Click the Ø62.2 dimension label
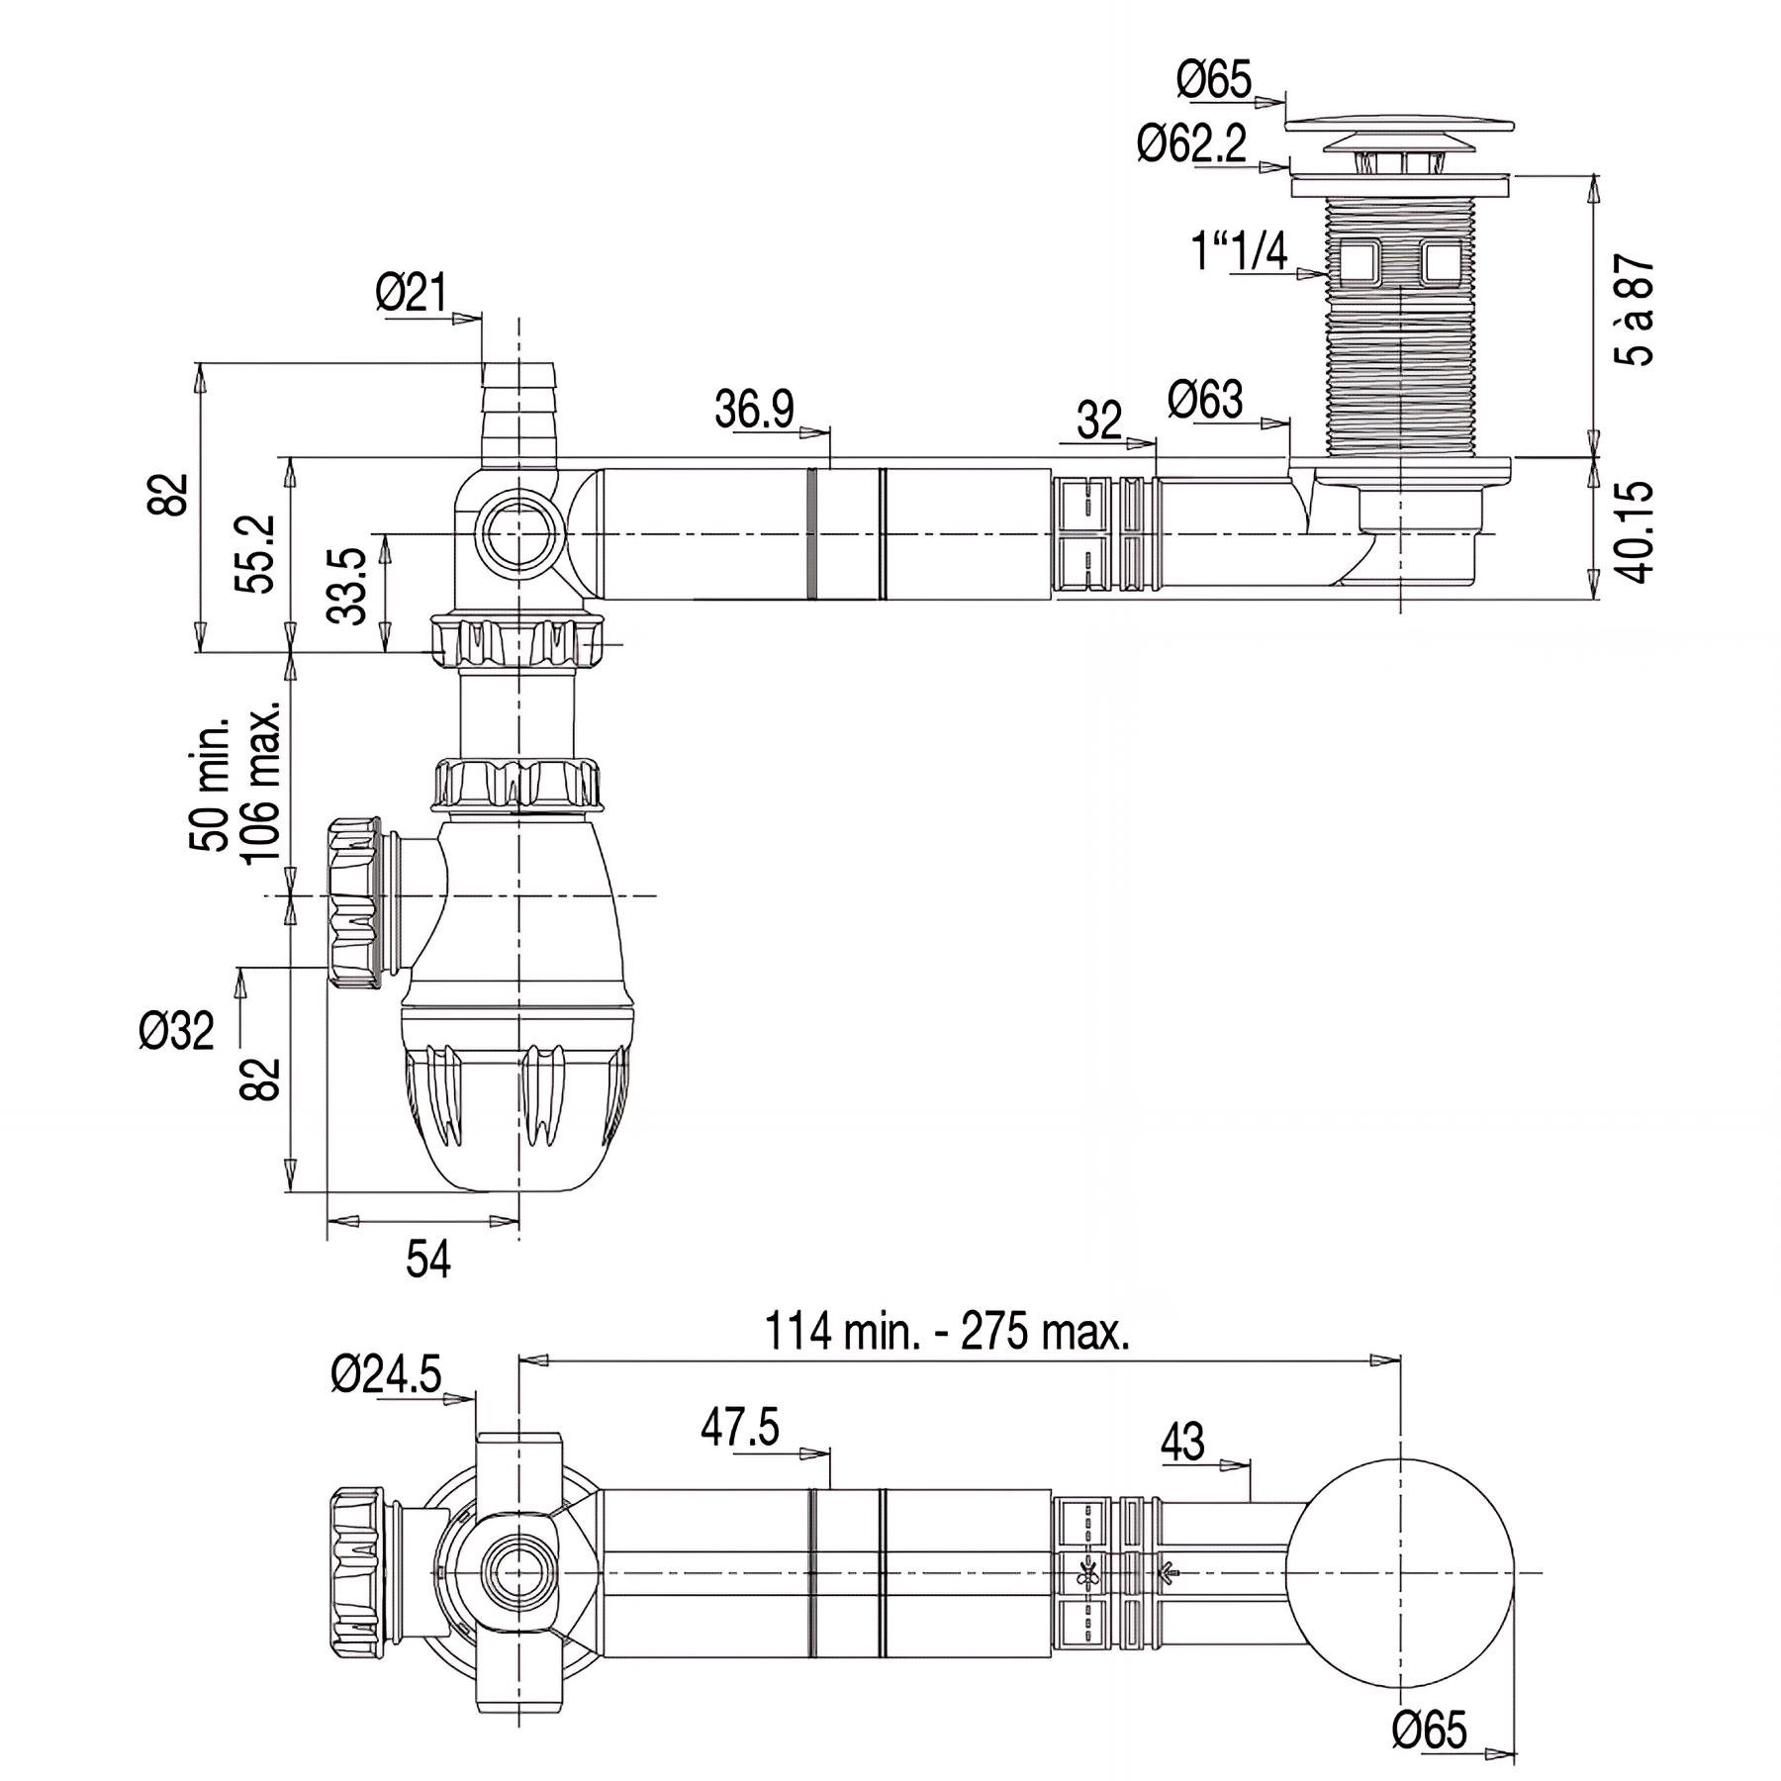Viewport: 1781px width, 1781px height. (x=1191, y=145)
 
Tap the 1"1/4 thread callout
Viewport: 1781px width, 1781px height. (x=1241, y=252)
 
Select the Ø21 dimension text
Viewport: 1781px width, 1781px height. (x=412, y=293)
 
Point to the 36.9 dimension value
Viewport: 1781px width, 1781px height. (x=755, y=409)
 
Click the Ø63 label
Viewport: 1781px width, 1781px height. (x=1205, y=400)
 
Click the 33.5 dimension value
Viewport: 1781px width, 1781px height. (x=347, y=587)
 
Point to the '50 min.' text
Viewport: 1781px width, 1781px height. (x=210, y=785)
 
